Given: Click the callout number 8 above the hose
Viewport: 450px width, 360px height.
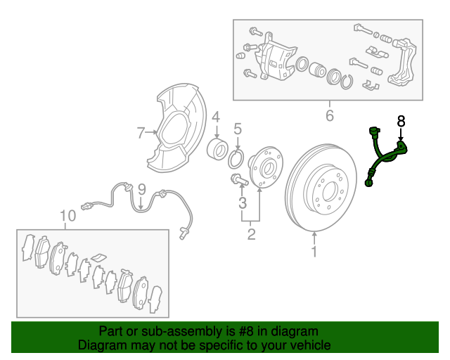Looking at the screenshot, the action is (401, 121).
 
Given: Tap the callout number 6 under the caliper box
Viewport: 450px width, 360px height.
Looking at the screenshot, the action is (330, 115).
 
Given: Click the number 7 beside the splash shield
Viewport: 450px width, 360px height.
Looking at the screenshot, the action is (141, 133).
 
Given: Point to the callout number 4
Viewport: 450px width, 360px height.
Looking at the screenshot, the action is (216, 117).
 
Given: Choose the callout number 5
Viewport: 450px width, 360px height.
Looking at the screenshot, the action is (238, 129).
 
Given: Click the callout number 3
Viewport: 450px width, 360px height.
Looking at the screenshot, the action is (243, 202).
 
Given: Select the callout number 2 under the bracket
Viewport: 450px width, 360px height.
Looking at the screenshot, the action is (251, 234).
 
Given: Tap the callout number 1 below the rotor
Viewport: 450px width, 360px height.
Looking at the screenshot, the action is (314, 251).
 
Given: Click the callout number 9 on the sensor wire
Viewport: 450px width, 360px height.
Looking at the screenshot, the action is (142, 189).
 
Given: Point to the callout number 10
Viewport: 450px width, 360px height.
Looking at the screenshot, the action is (67, 216).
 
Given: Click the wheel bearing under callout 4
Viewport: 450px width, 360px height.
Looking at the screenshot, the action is (217, 148).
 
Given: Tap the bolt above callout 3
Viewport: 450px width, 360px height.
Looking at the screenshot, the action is (239, 180).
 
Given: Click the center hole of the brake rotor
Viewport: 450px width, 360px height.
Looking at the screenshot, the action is (329, 191).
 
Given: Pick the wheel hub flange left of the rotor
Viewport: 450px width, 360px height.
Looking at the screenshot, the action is (266, 167).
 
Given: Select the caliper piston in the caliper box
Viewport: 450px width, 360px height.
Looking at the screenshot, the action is (317, 70).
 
